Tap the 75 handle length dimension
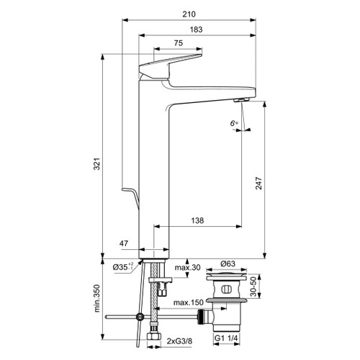(x=178, y=44)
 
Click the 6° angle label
(x=233, y=124)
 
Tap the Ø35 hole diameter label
(x=122, y=267)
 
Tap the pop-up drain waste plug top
(x=226, y=277)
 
